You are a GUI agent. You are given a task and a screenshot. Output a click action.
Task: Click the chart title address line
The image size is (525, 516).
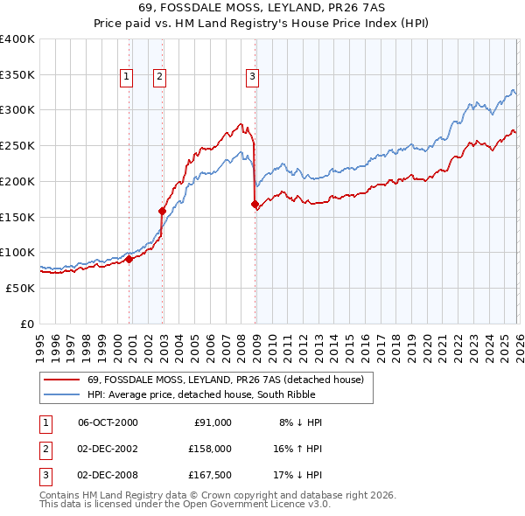pos(262,8)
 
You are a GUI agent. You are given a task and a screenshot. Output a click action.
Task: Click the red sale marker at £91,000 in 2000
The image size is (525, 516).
pos(129,258)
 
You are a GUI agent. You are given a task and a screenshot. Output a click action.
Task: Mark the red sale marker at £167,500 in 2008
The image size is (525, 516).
pos(255,205)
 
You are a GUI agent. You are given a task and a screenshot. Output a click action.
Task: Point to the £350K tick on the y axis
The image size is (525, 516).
pos(17,74)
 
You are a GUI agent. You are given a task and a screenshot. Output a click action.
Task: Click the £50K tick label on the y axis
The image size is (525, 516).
pos(20,288)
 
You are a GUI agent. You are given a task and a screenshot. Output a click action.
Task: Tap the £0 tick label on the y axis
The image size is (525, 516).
pos(27,324)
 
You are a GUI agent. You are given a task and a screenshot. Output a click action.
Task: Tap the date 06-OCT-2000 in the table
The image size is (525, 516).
pos(108,422)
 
